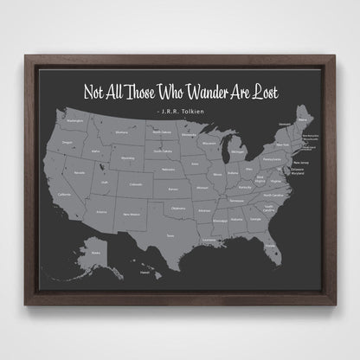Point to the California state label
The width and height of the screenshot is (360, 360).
63,194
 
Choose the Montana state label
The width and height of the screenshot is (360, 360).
122,132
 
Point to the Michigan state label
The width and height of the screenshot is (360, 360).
237,153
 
